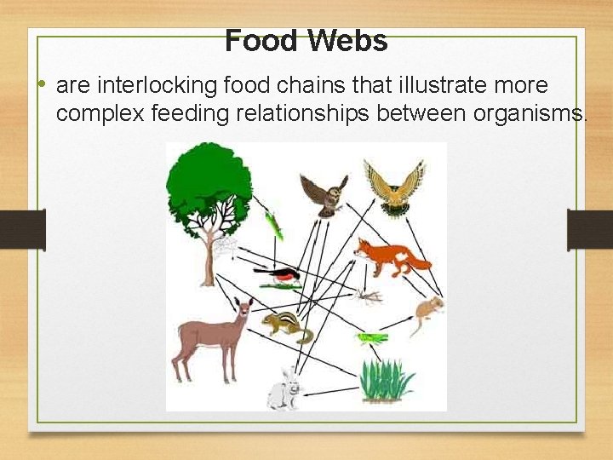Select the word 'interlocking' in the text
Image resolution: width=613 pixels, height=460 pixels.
pyautogui.click(x=171, y=85)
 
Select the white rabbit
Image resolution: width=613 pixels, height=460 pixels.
pyautogui.click(x=284, y=388)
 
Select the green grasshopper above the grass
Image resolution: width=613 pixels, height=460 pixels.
pyautogui.click(x=370, y=338)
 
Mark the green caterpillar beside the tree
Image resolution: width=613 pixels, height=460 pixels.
pyautogui.click(x=273, y=225)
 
